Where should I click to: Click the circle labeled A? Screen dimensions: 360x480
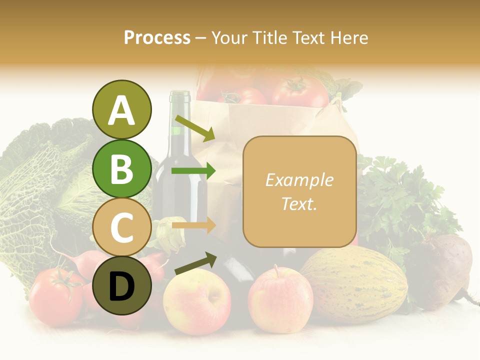[x=121, y=110]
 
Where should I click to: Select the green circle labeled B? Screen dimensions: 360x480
[x=121, y=168]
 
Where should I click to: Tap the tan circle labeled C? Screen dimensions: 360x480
[x=121, y=227]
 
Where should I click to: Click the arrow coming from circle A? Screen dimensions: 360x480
[x=195, y=128]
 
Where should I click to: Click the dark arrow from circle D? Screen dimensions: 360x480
[x=195, y=263]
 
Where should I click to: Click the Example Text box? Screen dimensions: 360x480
[x=299, y=191]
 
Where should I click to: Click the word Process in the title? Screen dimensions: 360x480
[x=157, y=37]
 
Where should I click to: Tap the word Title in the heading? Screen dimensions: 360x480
[x=271, y=37]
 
